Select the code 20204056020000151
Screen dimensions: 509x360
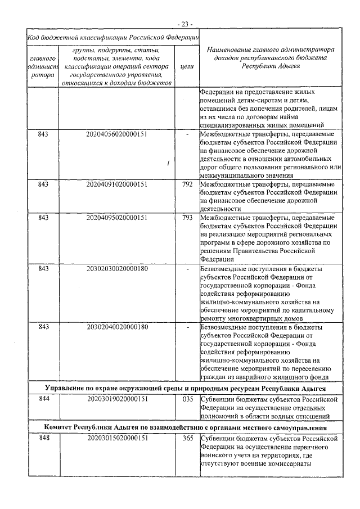[117, 135]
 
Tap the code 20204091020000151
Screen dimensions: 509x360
[117, 184]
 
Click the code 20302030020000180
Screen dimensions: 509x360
[117, 268]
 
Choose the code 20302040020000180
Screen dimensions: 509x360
[117, 327]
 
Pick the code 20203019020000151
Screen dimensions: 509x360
[117, 399]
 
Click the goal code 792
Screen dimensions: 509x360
[188, 184]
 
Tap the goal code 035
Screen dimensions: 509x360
[188, 399]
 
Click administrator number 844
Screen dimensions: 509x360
[43, 399]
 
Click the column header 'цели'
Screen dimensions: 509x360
[188, 66]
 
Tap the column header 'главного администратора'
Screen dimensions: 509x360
[43, 66]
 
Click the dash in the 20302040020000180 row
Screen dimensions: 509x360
[188, 327]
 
